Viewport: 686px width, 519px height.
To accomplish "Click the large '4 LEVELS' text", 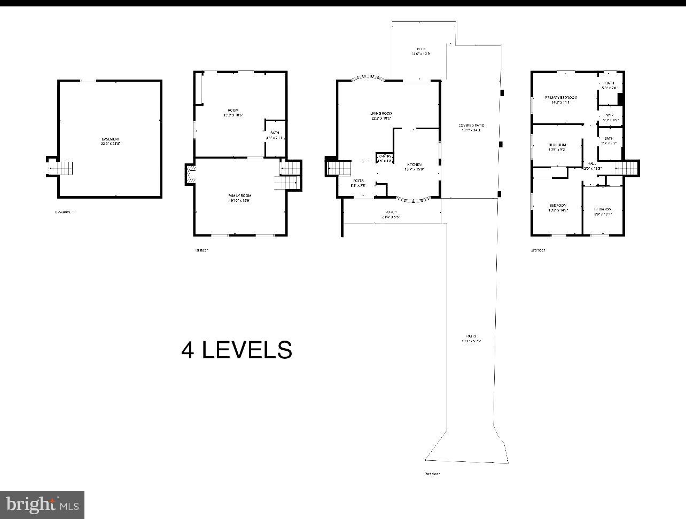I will click(237, 350).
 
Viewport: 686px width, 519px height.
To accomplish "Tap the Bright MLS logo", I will click(42, 505).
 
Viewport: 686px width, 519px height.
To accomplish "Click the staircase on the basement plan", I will click(64, 168).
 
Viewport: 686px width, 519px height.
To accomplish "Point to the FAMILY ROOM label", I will click(239, 198).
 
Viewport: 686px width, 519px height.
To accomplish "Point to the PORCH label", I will click(391, 214).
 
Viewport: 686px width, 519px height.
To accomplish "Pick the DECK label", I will click(420, 51).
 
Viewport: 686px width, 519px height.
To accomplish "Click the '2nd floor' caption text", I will click(432, 474).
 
